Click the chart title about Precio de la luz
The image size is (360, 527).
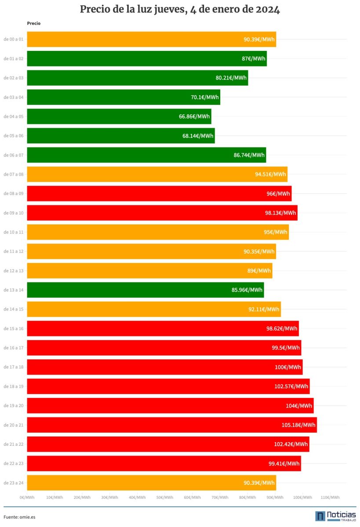click(x=180, y=10)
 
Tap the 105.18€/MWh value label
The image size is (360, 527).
click(x=298, y=425)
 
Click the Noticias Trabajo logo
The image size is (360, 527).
click(x=335, y=516)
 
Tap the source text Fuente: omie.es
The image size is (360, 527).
click(x=19, y=517)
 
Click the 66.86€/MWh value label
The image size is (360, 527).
click(x=194, y=116)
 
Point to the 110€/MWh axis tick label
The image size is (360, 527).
click(x=330, y=497)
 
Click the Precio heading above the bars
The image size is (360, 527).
click(x=33, y=23)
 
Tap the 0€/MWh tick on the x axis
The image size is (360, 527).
click(x=27, y=497)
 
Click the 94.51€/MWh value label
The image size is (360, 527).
click(x=270, y=174)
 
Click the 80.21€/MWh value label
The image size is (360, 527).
click(x=231, y=78)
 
